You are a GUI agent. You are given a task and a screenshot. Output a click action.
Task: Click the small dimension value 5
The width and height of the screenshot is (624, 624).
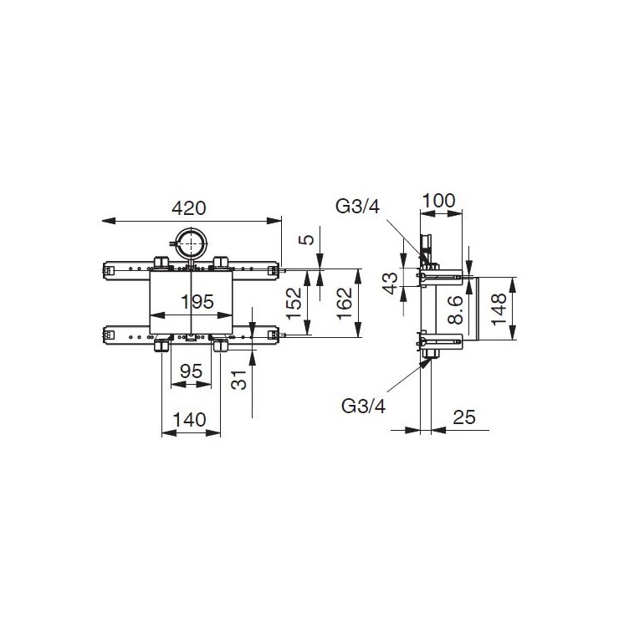pos(309,239)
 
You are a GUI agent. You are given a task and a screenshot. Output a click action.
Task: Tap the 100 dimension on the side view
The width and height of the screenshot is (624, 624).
pos(439,202)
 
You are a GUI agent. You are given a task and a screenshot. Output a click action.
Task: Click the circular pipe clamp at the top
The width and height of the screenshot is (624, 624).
pos(192,243)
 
